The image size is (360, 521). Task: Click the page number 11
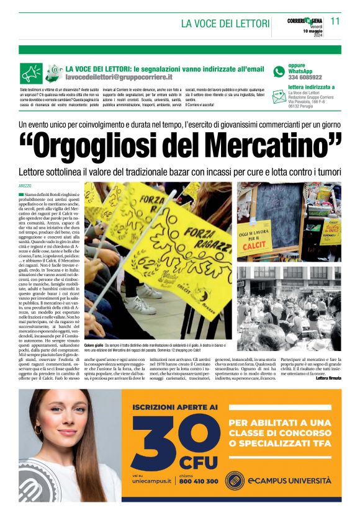[335, 20]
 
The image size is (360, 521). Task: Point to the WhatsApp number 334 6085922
[305, 78]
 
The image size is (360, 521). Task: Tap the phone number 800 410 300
[199, 481]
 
